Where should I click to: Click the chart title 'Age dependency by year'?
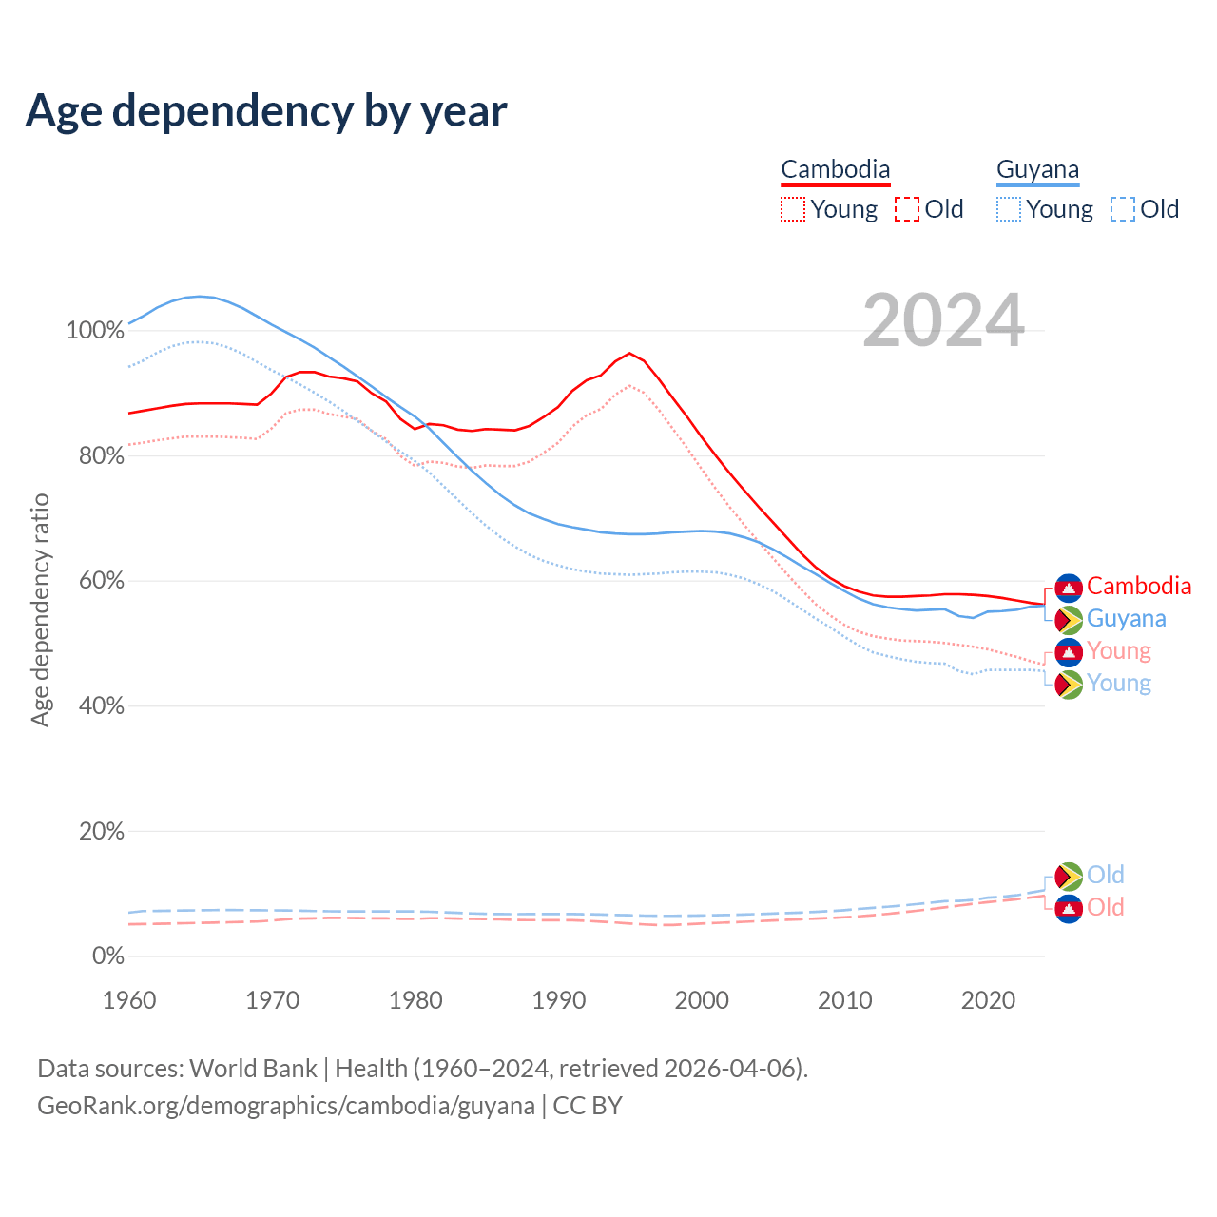(x=266, y=111)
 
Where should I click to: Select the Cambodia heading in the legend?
(x=835, y=169)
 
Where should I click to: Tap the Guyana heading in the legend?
(x=1037, y=169)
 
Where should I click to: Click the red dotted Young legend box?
(x=792, y=209)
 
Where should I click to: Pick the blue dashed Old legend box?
(x=1123, y=209)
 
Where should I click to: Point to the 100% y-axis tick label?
(x=95, y=331)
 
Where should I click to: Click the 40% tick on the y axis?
(x=102, y=705)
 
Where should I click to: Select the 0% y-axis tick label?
(x=108, y=956)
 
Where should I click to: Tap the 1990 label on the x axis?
(x=559, y=1000)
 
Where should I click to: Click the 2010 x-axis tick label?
(x=845, y=1000)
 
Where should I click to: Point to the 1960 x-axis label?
(x=129, y=1000)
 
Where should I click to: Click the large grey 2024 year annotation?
(x=943, y=320)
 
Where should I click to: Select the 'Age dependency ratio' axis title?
(x=40, y=609)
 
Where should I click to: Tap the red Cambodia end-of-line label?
(x=1139, y=586)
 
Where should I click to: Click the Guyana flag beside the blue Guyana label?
(x=1070, y=620)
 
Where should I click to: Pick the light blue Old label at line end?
(x=1106, y=875)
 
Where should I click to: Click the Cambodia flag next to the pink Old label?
(x=1070, y=908)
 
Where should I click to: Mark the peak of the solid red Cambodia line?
(x=629, y=353)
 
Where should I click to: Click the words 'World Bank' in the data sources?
(x=253, y=1069)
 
